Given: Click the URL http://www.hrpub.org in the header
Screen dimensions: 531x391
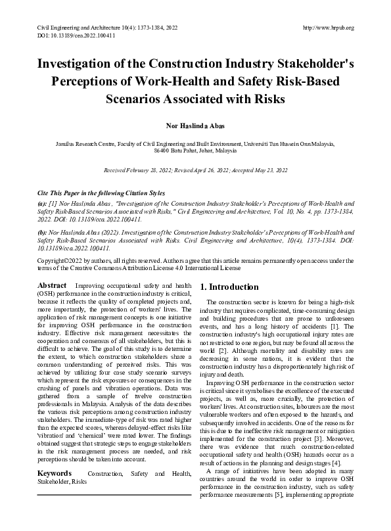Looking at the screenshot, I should coord(329,28).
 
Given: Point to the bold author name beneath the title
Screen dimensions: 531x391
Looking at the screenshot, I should coord(195,126).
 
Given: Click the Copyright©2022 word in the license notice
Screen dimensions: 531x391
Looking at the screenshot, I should coord(62,261).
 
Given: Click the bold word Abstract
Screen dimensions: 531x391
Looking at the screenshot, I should coord(53,286).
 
